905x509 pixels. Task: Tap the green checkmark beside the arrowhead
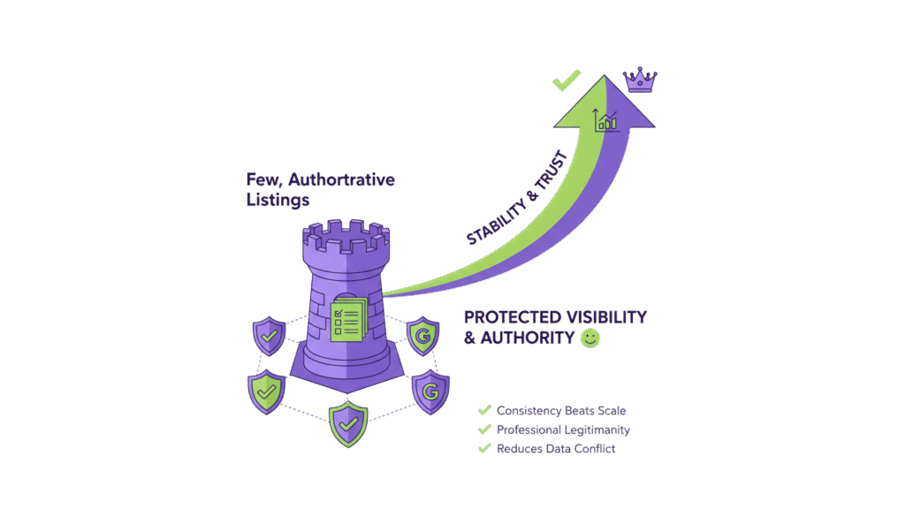(566, 80)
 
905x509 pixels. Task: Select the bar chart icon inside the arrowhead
(606, 120)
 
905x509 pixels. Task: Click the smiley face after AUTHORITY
(590, 338)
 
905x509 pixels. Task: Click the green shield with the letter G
(422, 337)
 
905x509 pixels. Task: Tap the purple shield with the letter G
(431, 391)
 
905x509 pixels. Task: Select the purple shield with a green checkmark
(269, 337)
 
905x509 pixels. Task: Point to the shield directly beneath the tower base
(348, 424)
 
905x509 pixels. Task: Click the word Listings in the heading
(277, 201)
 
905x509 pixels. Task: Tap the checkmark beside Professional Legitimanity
(484, 429)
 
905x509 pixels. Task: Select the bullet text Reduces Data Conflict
(555, 448)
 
